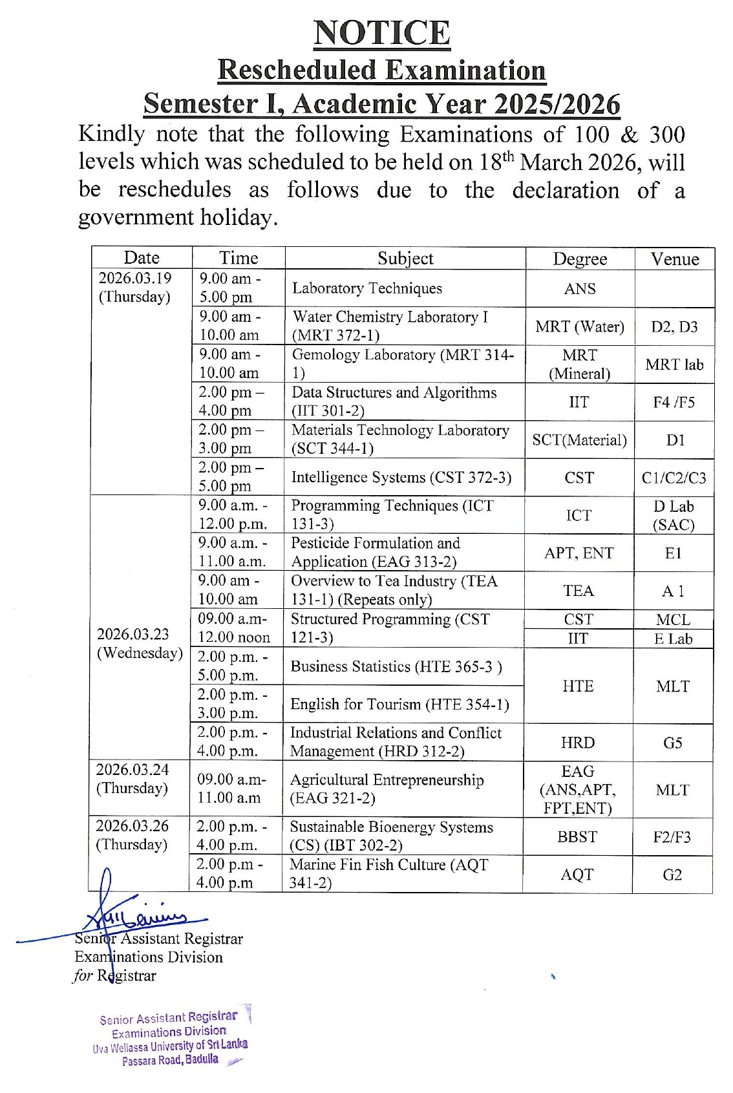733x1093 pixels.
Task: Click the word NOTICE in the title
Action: click(x=382, y=34)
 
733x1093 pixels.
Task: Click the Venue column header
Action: click(x=674, y=259)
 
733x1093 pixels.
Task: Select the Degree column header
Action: click(x=580, y=259)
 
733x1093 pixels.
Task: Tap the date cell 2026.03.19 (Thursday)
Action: click(x=135, y=287)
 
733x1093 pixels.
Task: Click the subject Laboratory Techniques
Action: click(x=367, y=288)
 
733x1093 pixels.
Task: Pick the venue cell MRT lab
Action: click(x=674, y=364)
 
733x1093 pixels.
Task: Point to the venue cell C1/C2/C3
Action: click(x=674, y=478)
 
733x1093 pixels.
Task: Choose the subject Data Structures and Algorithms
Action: click(x=394, y=401)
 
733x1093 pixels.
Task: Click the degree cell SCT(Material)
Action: click(x=579, y=440)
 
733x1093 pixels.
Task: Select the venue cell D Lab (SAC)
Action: click(x=674, y=515)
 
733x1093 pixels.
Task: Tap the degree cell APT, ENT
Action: click(x=579, y=553)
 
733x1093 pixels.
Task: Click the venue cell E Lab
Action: click(x=673, y=639)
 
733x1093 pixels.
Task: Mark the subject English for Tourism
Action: click(x=399, y=704)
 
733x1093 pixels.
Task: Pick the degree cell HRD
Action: click(x=578, y=743)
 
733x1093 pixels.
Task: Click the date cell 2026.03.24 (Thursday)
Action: click(x=133, y=778)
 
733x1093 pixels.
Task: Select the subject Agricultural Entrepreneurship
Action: click(x=387, y=789)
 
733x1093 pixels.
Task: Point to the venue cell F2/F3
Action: click(x=672, y=837)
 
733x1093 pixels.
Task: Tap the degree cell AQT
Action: click(x=577, y=875)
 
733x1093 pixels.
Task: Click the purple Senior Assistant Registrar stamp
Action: click(x=171, y=1037)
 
